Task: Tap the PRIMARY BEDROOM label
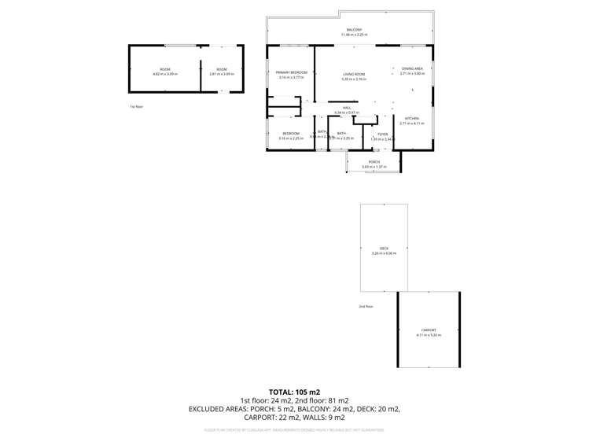[x=290, y=72]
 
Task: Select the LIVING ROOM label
[x=355, y=73]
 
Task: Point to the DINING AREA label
[x=412, y=69]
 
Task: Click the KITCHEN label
[x=412, y=119]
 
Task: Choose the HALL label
[x=346, y=108]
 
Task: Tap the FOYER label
[x=382, y=134]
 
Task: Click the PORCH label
[x=374, y=162]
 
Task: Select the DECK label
[x=384, y=249]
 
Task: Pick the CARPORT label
[x=429, y=330]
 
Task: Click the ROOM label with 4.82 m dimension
[x=165, y=70]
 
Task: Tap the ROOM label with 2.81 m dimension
[x=223, y=70]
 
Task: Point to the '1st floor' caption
[x=136, y=105]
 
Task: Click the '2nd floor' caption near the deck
[x=366, y=306]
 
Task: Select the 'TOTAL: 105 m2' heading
[x=294, y=391]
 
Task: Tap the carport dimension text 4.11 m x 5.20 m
[x=429, y=335]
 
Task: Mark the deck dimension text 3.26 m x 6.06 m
[x=384, y=253]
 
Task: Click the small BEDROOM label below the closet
[x=291, y=134]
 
